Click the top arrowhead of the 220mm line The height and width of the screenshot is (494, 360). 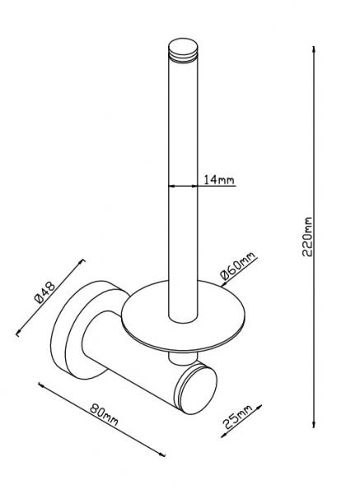pyautogui.click(x=315, y=48)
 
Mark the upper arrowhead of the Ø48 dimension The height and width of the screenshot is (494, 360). pyautogui.click(x=82, y=262)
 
